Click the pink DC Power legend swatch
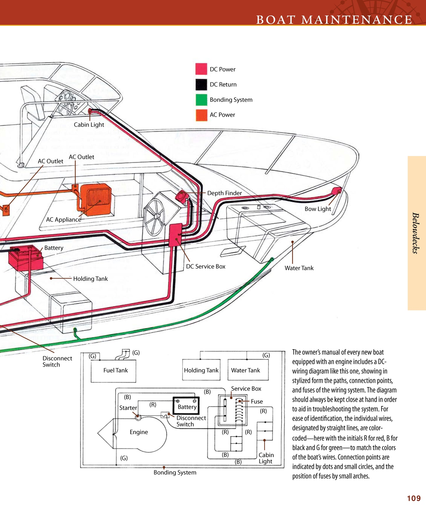coord(201,69)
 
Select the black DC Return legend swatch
coord(201,84)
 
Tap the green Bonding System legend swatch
coord(201,100)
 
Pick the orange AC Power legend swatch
coord(201,115)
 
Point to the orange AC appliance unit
coord(96,199)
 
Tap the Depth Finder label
coord(224,193)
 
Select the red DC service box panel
coord(175,235)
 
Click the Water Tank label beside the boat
coord(299,268)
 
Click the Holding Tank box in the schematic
coord(201,370)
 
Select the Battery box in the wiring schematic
coord(186,406)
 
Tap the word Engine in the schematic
coord(139,432)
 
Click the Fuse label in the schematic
coord(257,401)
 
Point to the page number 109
coord(414,498)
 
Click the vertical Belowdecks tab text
coord(416,233)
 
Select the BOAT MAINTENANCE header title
coord(334,20)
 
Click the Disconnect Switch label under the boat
coord(57,361)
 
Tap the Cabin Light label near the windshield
coord(89,125)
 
